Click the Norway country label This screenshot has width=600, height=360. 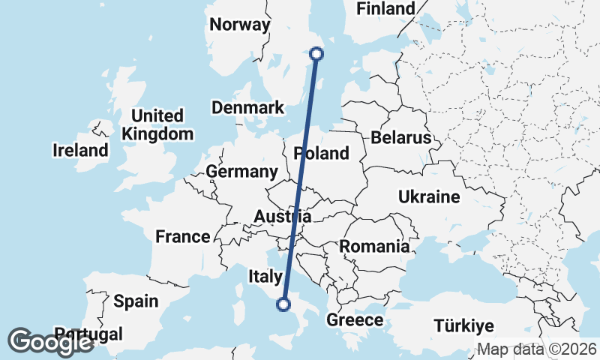(x=239, y=25)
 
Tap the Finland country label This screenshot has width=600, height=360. (x=385, y=9)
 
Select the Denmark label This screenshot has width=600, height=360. (x=247, y=107)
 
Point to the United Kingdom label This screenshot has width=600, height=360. (x=157, y=124)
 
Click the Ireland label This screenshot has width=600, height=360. (x=80, y=150)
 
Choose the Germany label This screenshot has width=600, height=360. (x=241, y=172)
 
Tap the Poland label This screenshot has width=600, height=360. (x=322, y=153)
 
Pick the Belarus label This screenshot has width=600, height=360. (x=401, y=137)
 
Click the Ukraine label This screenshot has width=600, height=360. (x=429, y=197)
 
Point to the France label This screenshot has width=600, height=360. (x=183, y=237)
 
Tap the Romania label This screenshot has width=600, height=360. (x=375, y=246)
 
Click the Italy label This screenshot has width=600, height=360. (x=265, y=277)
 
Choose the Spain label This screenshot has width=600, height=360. (x=136, y=301)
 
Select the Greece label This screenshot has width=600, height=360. (x=355, y=320)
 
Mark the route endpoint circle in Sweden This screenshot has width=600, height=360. (x=316, y=53)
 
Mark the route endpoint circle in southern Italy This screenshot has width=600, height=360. (x=283, y=304)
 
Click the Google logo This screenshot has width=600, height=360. (x=51, y=342)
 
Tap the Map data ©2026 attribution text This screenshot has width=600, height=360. (x=537, y=349)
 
